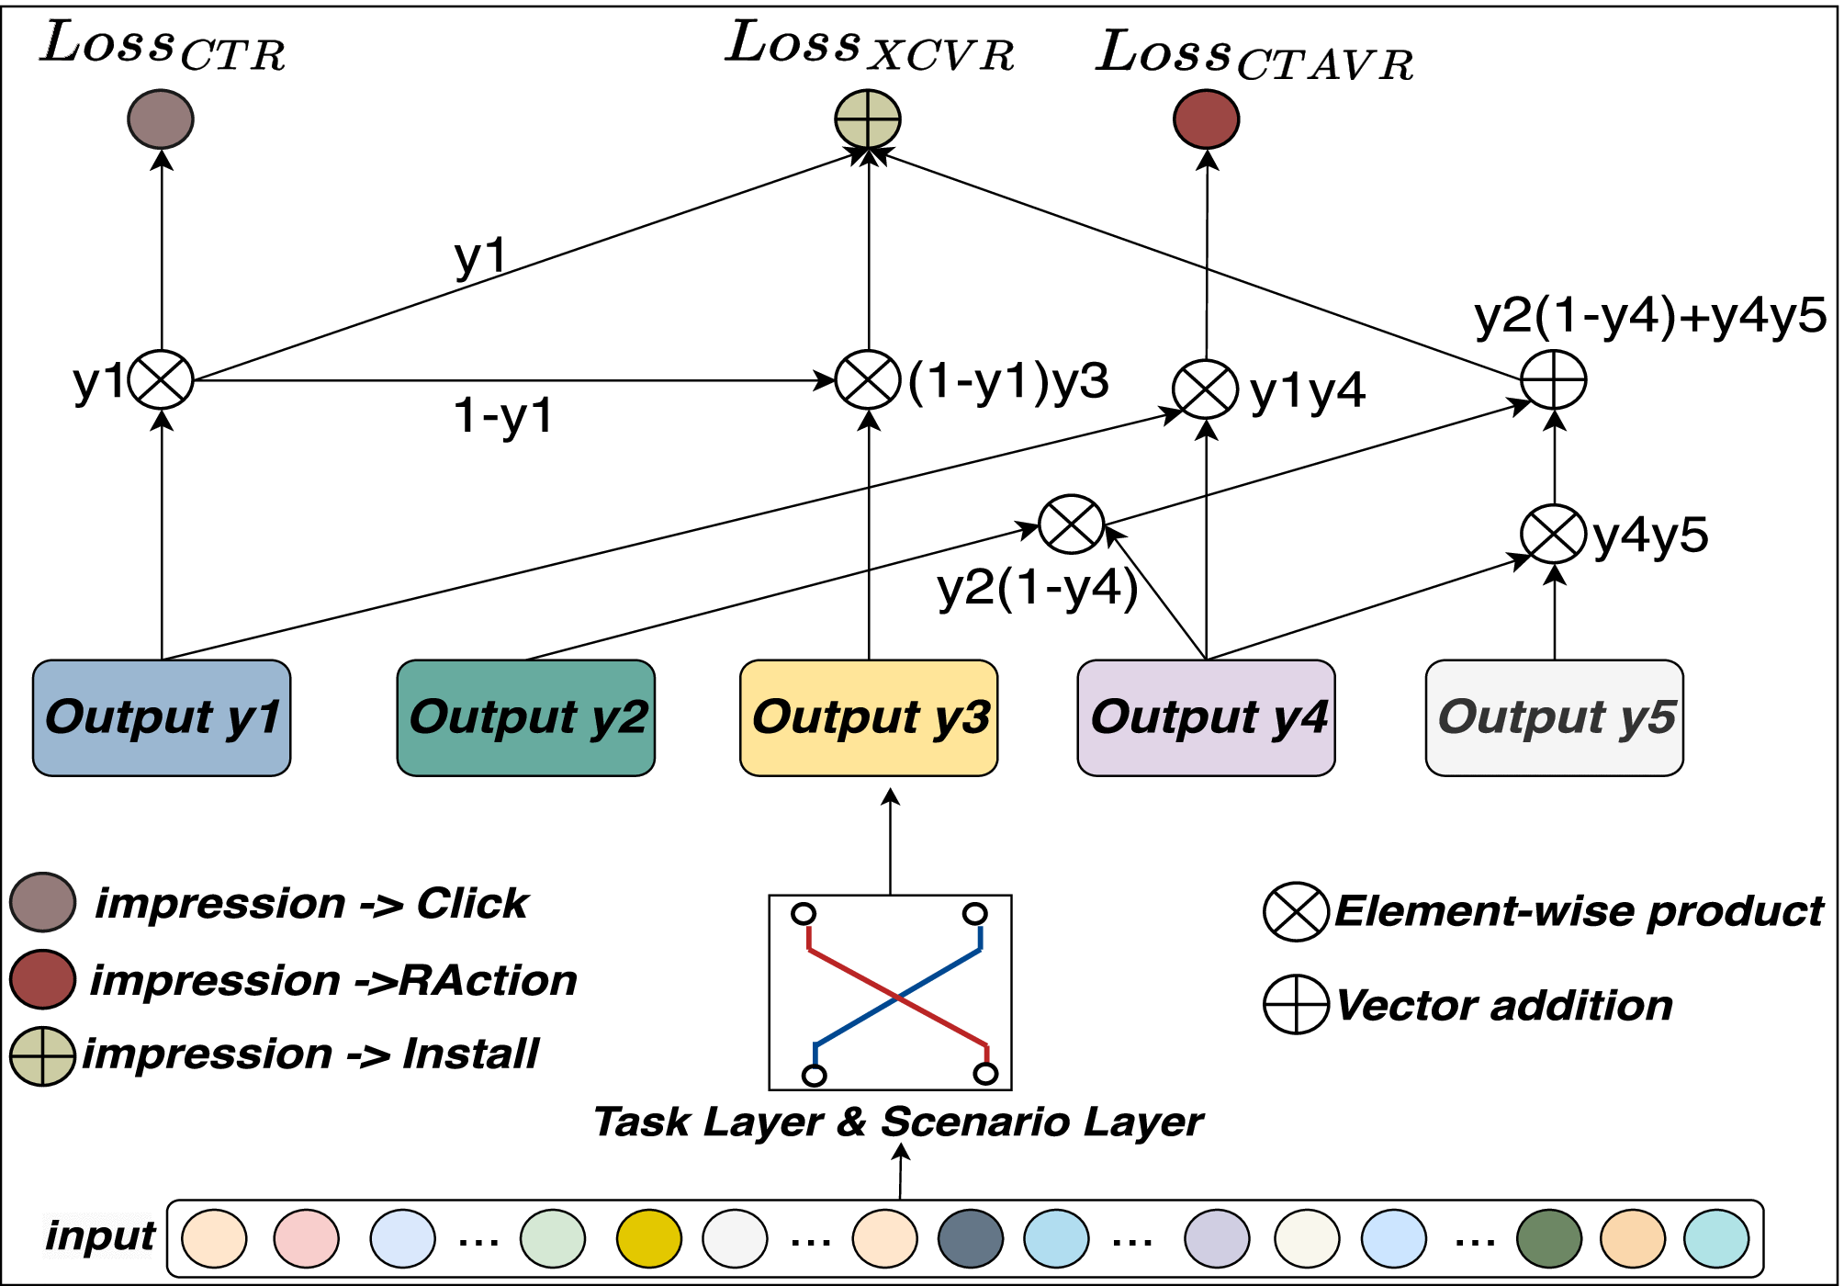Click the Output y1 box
coord(162,718)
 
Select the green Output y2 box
coord(525,718)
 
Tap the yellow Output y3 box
coord(869,718)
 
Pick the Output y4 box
coord(1206,718)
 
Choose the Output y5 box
coord(1554,718)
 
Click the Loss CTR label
coord(163,46)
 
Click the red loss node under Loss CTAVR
coord(1207,119)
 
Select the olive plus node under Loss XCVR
coord(868,119)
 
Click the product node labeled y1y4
coord(1206,389)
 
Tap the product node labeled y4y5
coord(1554,534)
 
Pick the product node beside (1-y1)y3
coord(868,379)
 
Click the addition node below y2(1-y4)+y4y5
coord(1554,379)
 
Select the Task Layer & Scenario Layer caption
coord(898,1122)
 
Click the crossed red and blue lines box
coord(890,992)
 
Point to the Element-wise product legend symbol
coord(1296,912)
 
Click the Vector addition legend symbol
coord(1296,1005)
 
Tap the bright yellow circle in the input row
coord(649,1238)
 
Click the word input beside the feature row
coord(101,1236)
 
